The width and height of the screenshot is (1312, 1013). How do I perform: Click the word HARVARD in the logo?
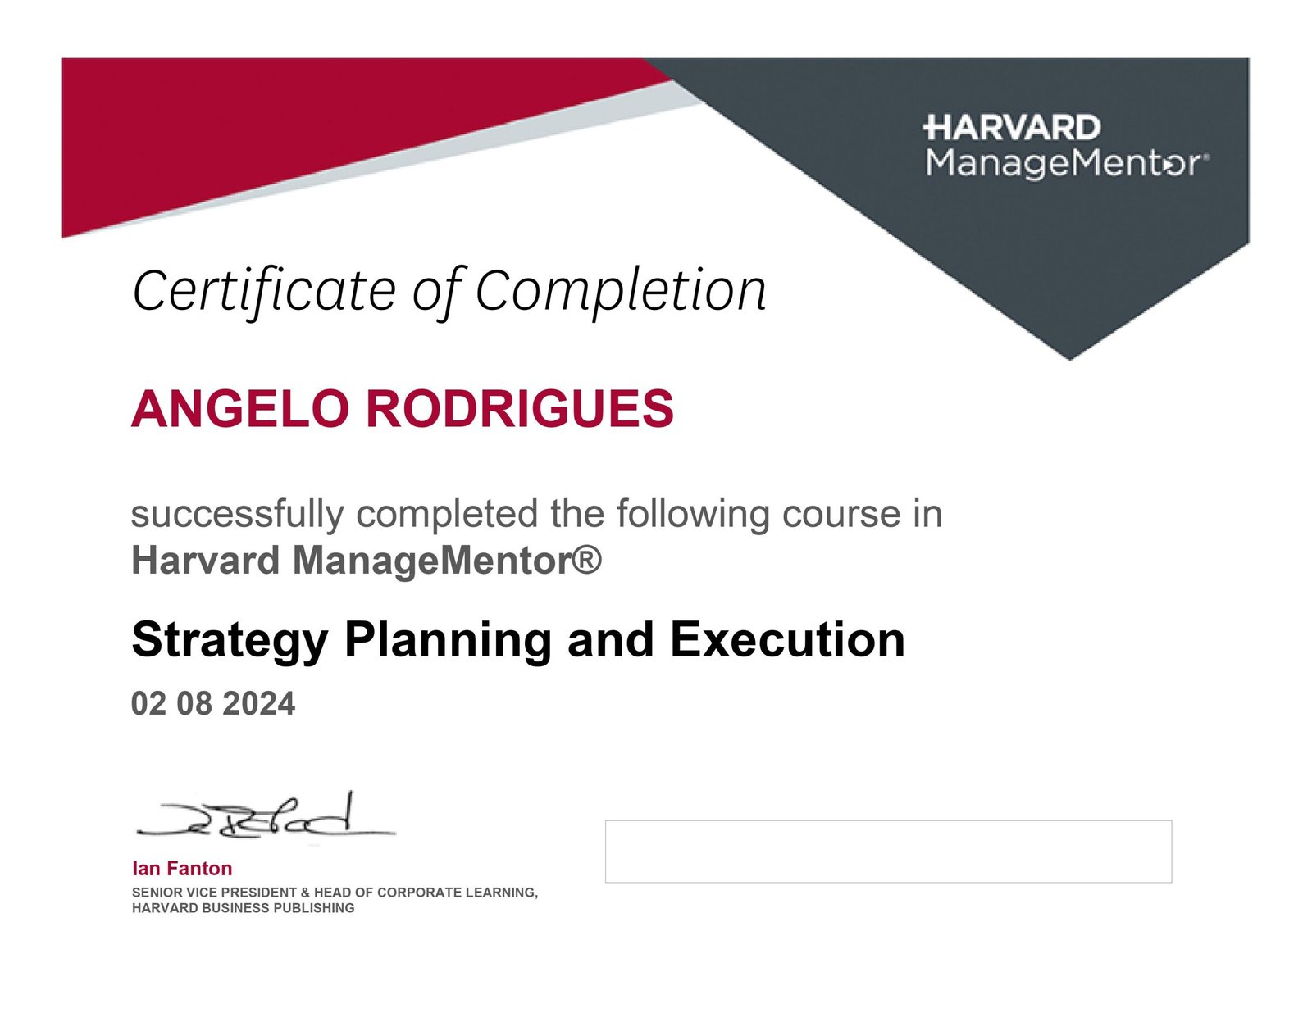point(1012,128)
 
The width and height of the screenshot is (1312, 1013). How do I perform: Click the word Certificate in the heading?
point(264,292)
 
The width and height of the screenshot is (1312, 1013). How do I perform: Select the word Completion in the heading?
point(621,292)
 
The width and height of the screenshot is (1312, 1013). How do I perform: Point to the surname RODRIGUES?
point(520,408)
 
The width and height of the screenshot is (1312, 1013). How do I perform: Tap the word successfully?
point(237,514)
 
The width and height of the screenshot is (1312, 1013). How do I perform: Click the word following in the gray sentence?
point(693,514)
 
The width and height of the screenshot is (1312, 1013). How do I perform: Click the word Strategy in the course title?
point(230,641)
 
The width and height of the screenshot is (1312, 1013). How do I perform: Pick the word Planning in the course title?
point(448,641)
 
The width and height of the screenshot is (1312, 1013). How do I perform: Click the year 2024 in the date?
point(259,703)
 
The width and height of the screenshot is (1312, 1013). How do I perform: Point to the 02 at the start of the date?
point(148,703)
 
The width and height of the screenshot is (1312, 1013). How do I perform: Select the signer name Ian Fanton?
point(182,868)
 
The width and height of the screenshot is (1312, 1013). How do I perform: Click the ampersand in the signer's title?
point(306,893)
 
